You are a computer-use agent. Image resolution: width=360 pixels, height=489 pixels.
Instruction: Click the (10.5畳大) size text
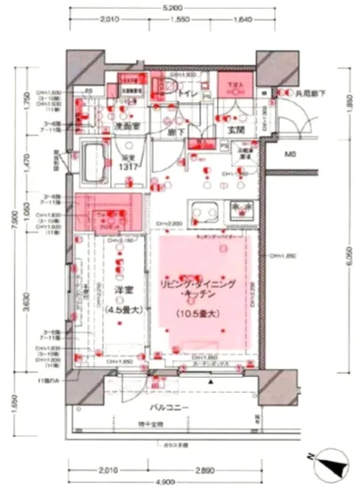pos(199,313)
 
